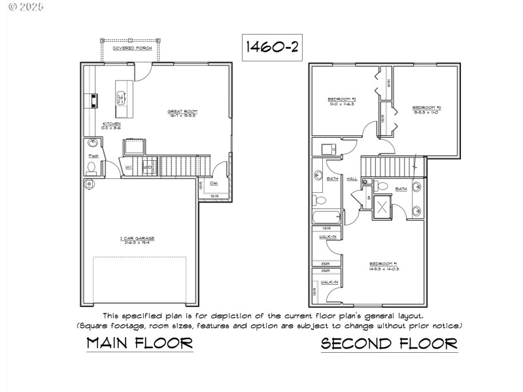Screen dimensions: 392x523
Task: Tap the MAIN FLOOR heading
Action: [x=140, y=343]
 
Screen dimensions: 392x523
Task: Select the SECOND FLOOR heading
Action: [x=388, y=343]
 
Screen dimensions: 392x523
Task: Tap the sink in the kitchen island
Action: [x=121, y=99]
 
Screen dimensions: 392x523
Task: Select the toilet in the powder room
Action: [x=92, y=169]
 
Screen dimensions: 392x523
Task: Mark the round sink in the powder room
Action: [x=92, y=144]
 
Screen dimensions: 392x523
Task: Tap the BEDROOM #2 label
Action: [x=341, y=101]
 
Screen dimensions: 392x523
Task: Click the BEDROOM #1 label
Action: [x=384, y=265]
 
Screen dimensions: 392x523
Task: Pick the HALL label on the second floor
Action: [x=352, y=178]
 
